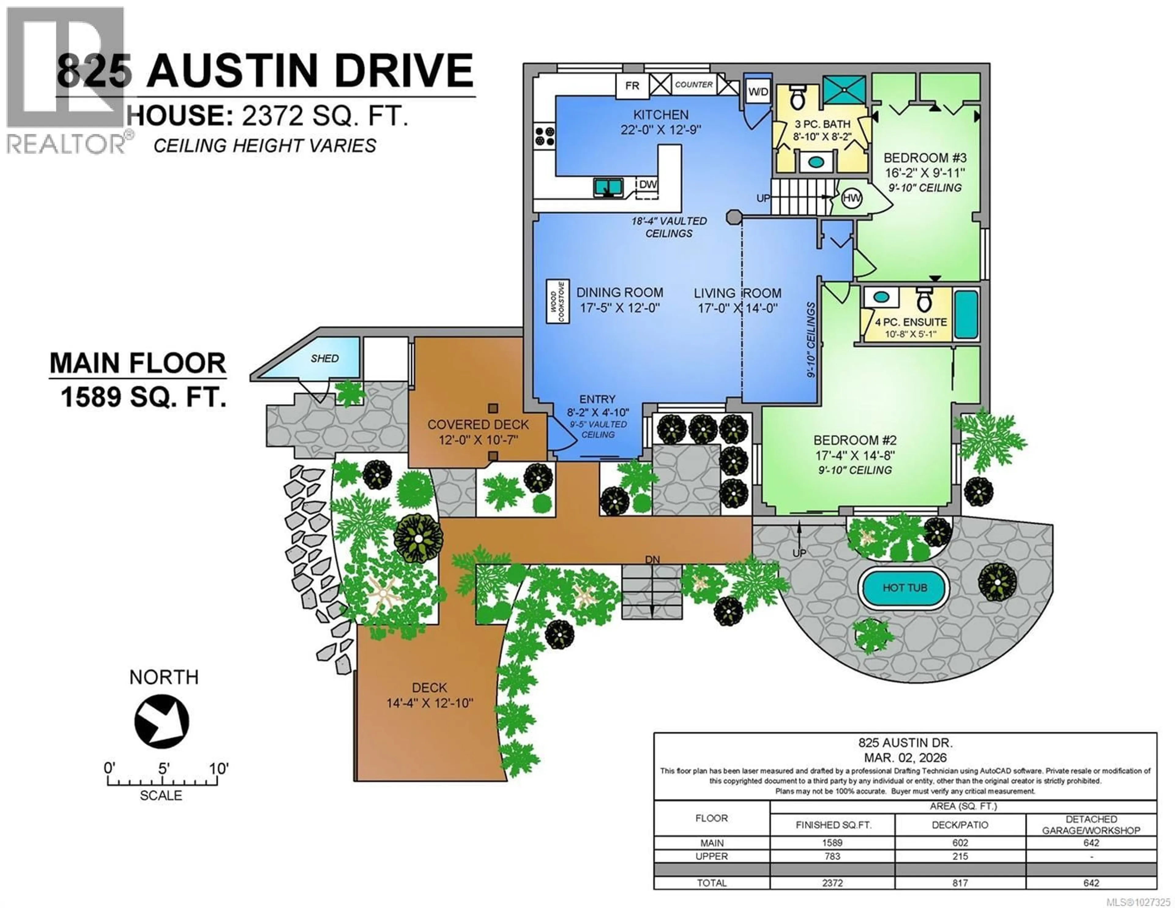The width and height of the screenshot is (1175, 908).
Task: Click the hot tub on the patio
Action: click(905, 588)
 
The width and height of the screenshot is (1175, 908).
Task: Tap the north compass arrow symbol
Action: click(161, 721)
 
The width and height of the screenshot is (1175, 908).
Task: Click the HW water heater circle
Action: click(852, 198)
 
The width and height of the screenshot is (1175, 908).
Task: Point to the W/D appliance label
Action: click(758, 92)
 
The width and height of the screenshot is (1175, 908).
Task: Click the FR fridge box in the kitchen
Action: click(632, 86)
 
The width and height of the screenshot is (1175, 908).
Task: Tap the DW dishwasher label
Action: click(648, 185)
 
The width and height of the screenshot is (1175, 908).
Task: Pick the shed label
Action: click(324, 358)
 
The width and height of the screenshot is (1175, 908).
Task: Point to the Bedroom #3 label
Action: click(925, 158)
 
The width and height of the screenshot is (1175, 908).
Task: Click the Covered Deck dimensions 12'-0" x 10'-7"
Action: click(478, 440)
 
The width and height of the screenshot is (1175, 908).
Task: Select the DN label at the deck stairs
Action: click(652, 560)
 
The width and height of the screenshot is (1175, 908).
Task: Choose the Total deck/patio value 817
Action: click(960, 883)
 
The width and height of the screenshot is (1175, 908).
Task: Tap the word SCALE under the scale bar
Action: click(161, 795)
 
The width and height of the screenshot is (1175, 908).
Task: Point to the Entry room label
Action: click(597, 399)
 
